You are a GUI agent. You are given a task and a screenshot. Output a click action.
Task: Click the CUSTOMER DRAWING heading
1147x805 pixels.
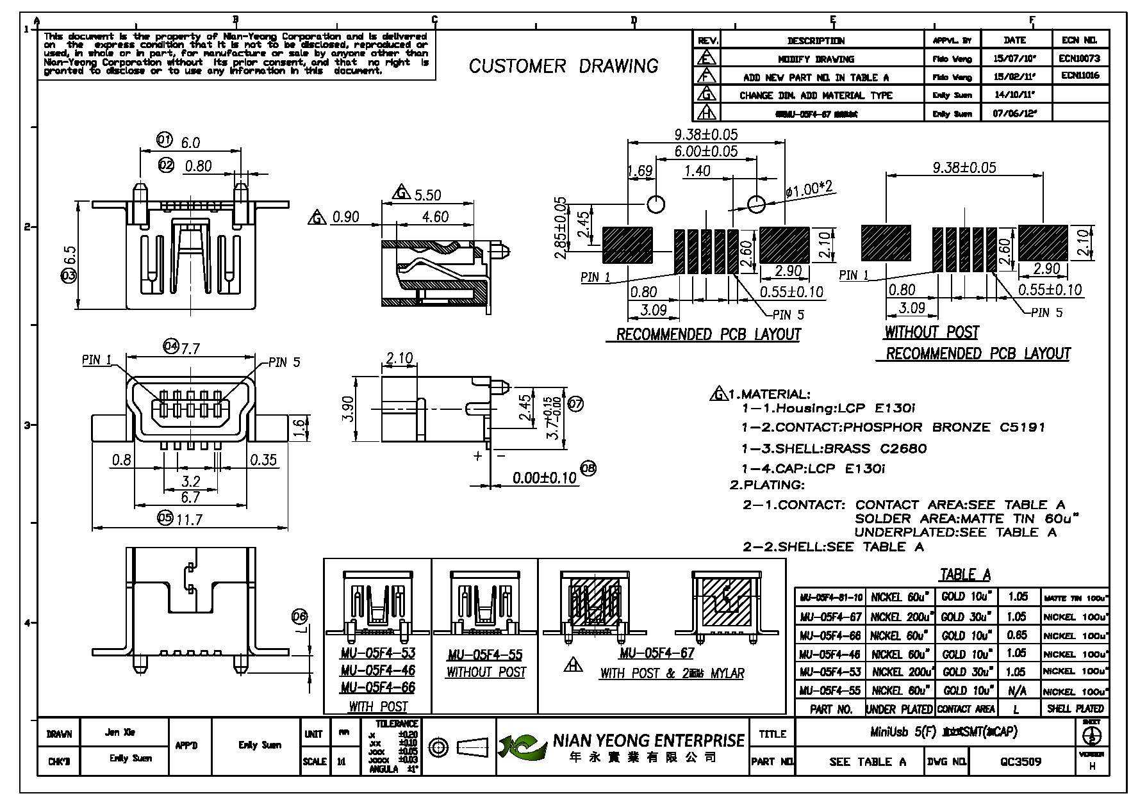563,66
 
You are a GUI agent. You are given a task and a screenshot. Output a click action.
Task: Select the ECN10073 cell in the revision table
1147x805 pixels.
1079,58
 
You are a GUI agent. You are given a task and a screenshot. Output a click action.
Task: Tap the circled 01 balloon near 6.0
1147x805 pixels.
165,140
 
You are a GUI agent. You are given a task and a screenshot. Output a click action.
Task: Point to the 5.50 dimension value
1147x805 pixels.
428,195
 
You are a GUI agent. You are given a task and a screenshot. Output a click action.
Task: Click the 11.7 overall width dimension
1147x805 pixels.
189,519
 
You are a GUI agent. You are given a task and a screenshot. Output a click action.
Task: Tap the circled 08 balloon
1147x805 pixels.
588,469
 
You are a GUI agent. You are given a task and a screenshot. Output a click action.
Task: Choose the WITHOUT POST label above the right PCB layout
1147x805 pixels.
931,332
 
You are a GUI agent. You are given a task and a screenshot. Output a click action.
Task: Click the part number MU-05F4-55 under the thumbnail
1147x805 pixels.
485,655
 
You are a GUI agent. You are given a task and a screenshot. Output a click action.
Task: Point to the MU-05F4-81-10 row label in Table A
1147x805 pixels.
830,598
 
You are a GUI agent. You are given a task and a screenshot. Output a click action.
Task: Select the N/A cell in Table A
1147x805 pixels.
1017,690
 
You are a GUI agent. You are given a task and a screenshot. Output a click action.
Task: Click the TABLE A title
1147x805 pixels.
965,574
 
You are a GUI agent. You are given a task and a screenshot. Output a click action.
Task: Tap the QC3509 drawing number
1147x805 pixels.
1021,761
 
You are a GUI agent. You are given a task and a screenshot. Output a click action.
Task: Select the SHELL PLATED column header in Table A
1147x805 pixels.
1075,708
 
